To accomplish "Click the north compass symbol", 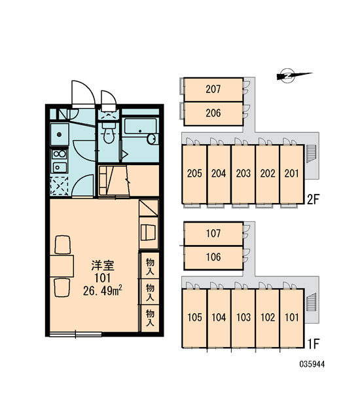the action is coord(291,75).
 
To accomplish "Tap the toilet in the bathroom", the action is coord(109,133).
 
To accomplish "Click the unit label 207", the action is coord(213,89).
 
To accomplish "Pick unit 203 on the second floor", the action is coord(243,174).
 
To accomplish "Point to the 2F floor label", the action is coord(313,200).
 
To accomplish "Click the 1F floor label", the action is coord(313,344).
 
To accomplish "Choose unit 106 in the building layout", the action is coord(213,257).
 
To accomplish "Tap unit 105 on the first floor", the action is coord(194,318).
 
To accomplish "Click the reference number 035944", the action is coord(312,364).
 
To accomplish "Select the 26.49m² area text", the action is coord(103,291).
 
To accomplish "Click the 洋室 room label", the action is coord(103,266).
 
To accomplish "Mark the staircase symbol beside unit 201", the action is coord(312,154).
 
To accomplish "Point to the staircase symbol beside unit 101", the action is coord(312,303).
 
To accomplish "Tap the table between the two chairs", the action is coord(62,266).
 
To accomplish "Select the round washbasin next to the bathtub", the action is coord(152,139).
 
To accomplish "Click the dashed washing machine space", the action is coord(60,186).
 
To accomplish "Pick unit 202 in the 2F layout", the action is coord(268,174).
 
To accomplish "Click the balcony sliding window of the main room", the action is coord(75,334).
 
